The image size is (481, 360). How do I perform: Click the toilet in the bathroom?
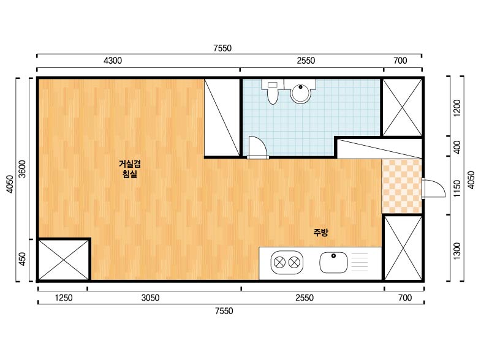point(271,91)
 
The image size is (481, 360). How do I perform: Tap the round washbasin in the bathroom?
point(301,92)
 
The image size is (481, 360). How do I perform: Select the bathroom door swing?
point(257,148)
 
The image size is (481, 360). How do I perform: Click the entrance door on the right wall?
point(433,189)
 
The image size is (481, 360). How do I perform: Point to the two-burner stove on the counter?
point(287,262)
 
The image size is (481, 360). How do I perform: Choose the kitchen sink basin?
point(333,262)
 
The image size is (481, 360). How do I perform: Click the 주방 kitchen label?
point(320,233)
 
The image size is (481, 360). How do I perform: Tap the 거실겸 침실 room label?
point(130,169)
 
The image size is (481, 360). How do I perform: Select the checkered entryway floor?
point(401,186)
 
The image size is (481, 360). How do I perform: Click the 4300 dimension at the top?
point(113,61)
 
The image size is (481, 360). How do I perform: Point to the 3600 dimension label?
point(22,169)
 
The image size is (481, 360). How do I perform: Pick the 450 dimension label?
point(22,259)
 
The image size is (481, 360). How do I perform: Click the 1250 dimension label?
point(64,298)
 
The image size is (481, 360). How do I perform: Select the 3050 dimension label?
point(150,298)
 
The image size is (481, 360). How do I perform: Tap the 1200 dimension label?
point(457,108)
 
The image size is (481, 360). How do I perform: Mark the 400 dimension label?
point(457,147)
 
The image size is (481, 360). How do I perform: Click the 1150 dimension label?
point(457,189)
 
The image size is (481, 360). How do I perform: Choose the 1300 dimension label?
point(457,251)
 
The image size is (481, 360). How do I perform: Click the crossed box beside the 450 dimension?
point(64,260)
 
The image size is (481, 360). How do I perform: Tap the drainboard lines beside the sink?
point(359,262)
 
